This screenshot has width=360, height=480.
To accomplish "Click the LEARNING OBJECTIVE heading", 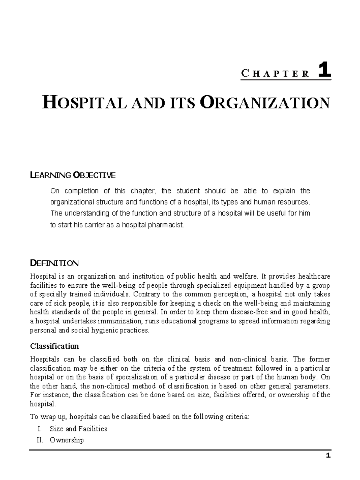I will [73, 175].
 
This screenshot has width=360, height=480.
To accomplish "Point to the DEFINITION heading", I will [54, 263].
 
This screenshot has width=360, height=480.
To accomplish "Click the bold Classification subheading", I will [54, 346].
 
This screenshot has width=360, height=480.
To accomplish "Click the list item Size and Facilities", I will [78, 429].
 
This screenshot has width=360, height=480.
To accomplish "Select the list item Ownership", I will [67, 440].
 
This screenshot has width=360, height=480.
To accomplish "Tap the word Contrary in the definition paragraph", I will [147, 294].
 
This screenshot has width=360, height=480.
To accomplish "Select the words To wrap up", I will [50, 416].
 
